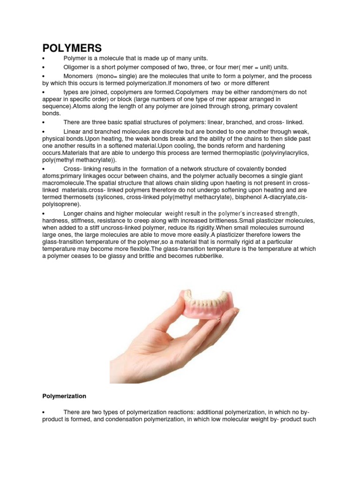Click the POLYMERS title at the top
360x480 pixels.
tap(72, 48)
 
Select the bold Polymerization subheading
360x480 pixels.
tap(64, 396)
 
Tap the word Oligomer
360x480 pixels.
tap(76, 67)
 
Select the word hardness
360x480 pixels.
tap(55, 221)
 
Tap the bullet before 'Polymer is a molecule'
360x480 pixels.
tap(43, 59)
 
